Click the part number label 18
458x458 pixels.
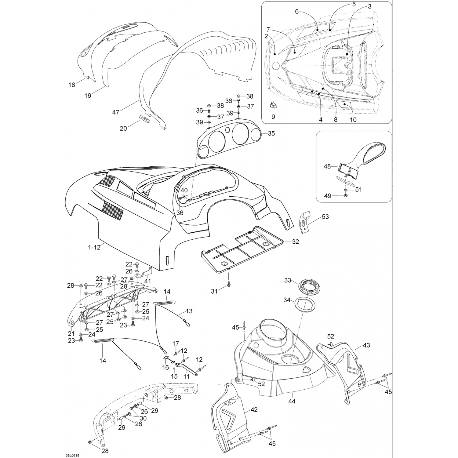(71, 85)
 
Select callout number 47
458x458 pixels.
(115, 112)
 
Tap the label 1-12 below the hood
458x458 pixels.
(94, 248)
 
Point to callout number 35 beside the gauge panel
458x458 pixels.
(271, 133)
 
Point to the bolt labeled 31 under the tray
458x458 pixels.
(229, 285)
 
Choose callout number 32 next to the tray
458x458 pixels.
(295, 242)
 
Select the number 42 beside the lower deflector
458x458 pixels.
(254, 410)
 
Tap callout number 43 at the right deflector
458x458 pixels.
(366, 345)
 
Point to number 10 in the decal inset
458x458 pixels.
(353, 120)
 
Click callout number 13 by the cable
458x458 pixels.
(189, 311)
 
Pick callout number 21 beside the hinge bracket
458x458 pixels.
(71, 333)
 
